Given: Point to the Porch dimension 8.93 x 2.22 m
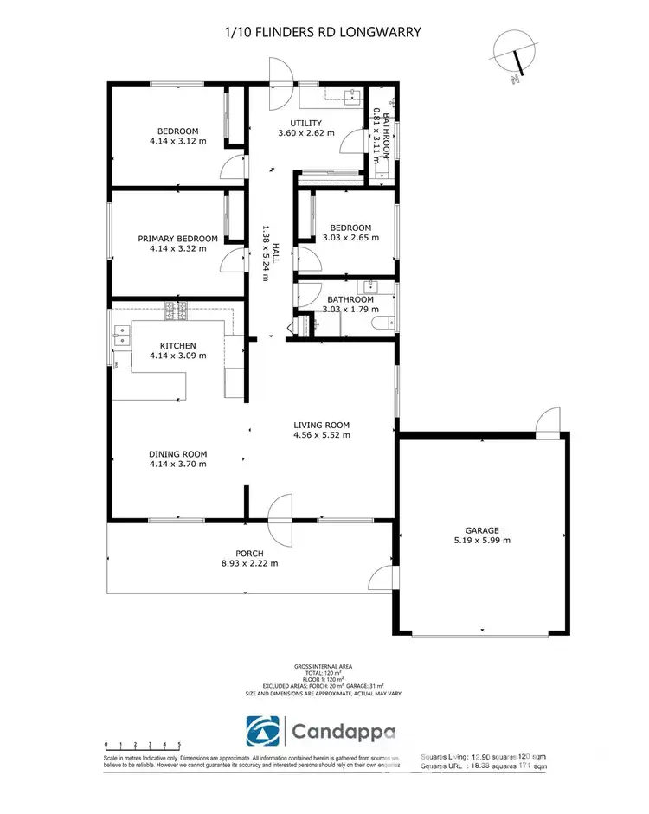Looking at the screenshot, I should coord(249,564).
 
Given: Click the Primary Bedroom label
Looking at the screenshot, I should coord(177,238).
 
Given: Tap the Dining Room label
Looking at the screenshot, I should coord(177,454).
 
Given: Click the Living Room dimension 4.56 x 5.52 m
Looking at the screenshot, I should coord(321,435).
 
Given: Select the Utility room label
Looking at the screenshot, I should coord(305,123).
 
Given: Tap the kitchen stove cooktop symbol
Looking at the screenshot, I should coord(176,307).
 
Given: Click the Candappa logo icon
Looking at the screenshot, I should coord(263,733).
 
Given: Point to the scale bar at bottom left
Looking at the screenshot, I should coord(142,744).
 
